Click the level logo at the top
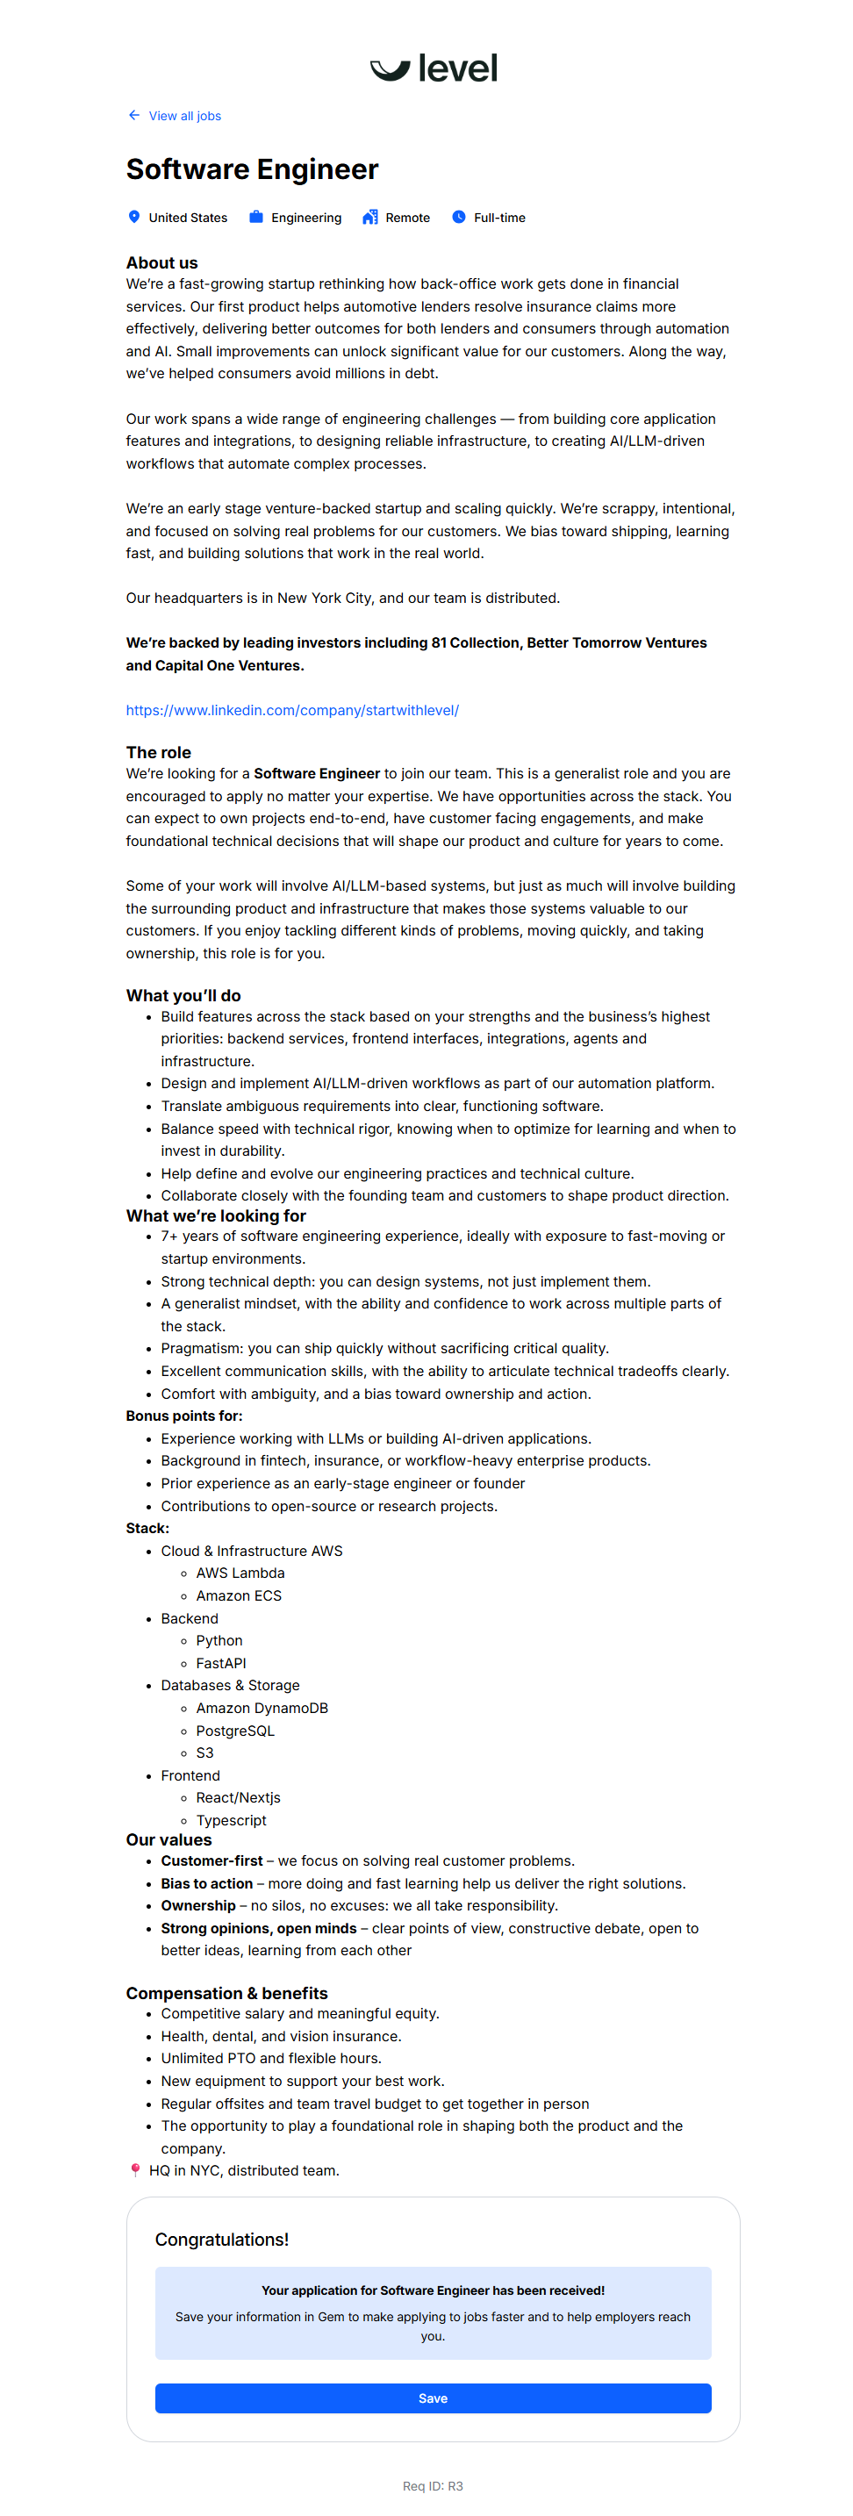point(433,68)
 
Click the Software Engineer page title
point(252,170)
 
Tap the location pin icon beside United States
point(134,217)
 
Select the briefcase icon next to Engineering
point(256,217)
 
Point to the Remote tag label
point(407,218)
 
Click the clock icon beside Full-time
point(458,217)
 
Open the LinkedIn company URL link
point(292,710)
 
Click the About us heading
point(161,262)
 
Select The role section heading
point(158,752)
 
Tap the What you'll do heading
point(183,995)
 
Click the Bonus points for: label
point(183,1416)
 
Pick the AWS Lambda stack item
point(240,1573)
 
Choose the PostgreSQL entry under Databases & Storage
point(235,1730)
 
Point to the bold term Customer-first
point(212,1860)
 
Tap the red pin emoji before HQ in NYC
point(135,2170)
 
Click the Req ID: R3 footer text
point(433,2485)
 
